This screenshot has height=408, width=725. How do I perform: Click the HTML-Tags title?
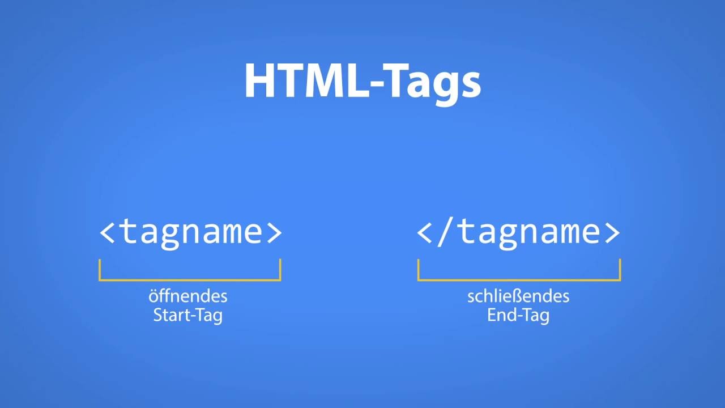(362, 80)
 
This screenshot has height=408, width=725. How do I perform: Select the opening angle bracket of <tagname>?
(107, 232)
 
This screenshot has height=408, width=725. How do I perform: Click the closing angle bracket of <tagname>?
(274, 232)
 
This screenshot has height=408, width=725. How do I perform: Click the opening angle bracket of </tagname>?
(425, 232)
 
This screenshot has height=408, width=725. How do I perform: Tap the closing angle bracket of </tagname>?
(612, 232)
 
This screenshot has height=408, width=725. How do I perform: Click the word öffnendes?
(188, 296)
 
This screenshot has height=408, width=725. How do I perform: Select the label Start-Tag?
(188, 315)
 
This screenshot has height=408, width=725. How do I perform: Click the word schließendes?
(518, 296)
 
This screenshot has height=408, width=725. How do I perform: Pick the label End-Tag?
(518, 315)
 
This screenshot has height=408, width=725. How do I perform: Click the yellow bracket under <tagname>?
(190, 279)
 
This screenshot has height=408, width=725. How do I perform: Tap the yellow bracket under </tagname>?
(519, 279)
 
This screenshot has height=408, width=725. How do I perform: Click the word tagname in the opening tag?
(190, 232)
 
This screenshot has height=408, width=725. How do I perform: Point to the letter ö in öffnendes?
(153, 296)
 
